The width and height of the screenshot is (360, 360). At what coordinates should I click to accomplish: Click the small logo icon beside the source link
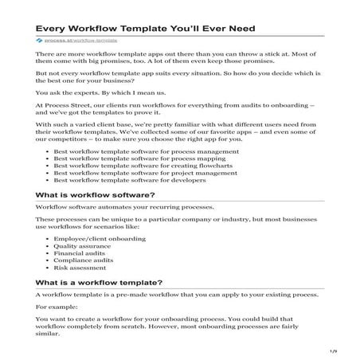(x=39, y=38)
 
